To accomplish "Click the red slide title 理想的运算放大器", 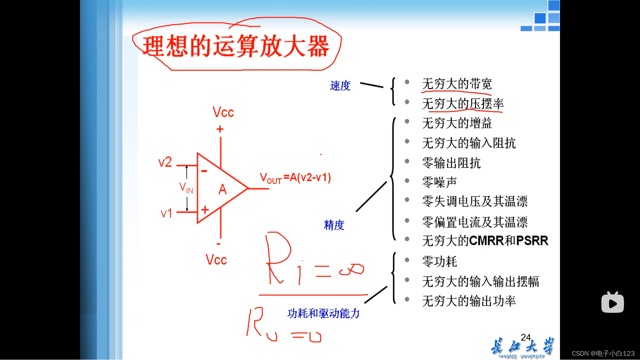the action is [236, 46].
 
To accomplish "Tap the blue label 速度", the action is [340, 86].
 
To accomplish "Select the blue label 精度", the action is [334, 225].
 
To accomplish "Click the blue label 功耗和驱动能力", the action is [323, 313].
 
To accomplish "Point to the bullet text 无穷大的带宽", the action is [457, 84].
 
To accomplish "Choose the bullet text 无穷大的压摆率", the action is [463, 104].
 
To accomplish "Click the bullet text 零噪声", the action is [439, 182].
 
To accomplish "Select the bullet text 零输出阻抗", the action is [451, 163].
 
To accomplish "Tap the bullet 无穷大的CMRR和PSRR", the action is [485, 240].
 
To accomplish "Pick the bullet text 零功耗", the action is [439, 261].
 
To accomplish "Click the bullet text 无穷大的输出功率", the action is [469, 301].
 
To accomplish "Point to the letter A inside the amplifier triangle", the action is [222, 190].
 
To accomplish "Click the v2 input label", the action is [165, 162].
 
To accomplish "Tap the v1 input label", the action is [166, 213].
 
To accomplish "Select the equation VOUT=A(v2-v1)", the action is [295, 178].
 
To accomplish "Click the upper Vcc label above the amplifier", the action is [223, 112].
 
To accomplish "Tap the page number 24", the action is [526, 337].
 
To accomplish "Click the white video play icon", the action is [612, 303].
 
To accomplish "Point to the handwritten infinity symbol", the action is [351, 269].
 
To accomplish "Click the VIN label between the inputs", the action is [186, 188].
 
